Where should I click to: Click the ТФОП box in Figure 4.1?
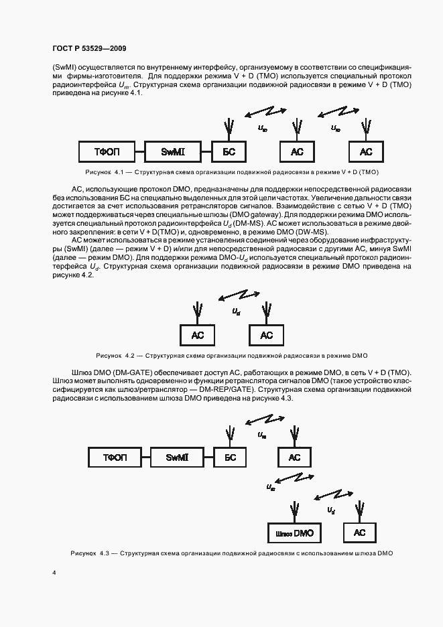[107, 153]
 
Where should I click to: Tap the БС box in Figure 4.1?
[229, 153]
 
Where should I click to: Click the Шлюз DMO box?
[294, 533]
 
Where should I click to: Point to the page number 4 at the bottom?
[54, 573]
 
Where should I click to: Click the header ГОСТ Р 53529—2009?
[89, 49]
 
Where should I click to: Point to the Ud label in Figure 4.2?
[236, 311]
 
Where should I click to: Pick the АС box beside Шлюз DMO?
[360, 533]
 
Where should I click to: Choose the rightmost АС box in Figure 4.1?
[365, 153]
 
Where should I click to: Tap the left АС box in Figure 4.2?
[198, 335]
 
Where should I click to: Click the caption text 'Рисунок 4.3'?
[90, 553]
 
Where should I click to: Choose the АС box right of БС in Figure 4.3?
[294, 458]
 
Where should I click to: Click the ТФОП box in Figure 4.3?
[115, 458]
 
